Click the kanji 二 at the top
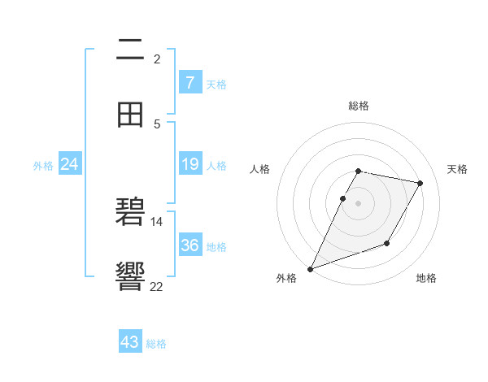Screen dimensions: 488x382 [130, 50]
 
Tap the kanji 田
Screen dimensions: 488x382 [130, 115]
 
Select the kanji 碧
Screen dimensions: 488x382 [130, 214]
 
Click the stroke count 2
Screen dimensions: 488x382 [157, 59]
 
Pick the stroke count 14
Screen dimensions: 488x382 [157, 221]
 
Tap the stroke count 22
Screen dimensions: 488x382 [157, 286]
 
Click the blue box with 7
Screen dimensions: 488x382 [190, 82]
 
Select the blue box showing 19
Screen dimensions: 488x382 [190, 164]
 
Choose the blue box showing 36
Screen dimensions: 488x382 [190, 245]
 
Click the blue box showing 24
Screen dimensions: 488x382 [69, 164]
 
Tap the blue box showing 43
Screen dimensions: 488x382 [130, 342]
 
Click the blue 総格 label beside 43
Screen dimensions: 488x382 [156, 344]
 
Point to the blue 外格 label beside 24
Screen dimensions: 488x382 [43, 166]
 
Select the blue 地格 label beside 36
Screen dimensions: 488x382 [216, 246]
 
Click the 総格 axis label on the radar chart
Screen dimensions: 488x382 [358, 106]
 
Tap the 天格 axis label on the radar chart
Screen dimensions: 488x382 [457, 169]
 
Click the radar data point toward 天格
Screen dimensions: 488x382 [420, 184]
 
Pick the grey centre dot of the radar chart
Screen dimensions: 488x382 [358, 203]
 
